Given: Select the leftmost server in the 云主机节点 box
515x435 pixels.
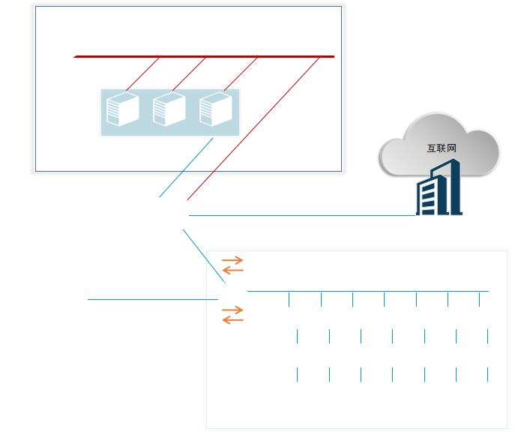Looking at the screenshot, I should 123,109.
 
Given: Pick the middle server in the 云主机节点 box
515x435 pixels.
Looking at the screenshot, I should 169,109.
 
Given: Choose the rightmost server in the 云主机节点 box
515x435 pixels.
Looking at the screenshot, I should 216,109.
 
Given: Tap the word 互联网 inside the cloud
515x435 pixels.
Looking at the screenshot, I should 441,148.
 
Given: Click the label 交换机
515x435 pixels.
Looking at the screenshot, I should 232,329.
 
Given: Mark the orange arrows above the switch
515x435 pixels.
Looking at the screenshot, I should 232,265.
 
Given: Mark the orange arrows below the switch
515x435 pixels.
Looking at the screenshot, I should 232,314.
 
